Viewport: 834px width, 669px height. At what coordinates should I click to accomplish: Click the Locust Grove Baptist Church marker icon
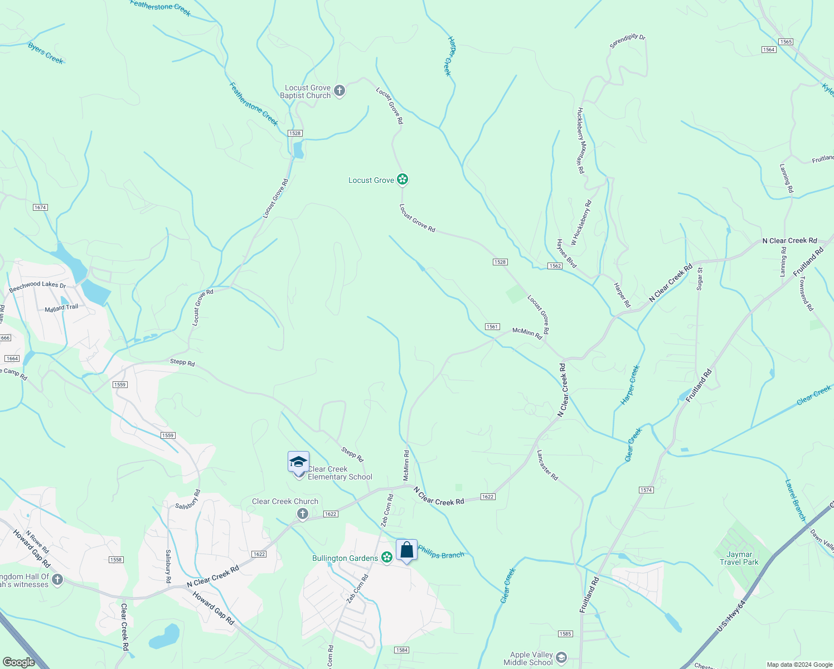(x=339, y=90)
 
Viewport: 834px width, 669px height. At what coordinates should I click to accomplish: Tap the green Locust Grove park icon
(x=403, y=180)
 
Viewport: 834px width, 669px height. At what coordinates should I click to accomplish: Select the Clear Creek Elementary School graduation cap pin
(x=298, y=462)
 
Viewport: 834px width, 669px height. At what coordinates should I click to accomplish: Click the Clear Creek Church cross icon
(x=303, y=513)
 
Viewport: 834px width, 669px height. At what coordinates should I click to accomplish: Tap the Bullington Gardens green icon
(x=387, y=557)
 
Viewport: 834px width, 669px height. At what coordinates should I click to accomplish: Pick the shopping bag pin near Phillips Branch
(x=407, y=550)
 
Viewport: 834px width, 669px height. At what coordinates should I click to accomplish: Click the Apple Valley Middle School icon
(x=561, y=658)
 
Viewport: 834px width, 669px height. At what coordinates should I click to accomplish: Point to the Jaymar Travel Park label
(x=739, y=558)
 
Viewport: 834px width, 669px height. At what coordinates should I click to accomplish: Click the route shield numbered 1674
(x=40, y=207)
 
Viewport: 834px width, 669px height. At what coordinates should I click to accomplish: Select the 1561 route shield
(x=492, y=327)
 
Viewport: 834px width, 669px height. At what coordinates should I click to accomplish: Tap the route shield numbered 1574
(x=646, y=490)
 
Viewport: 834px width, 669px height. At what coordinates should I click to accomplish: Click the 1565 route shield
(x=786, y=42)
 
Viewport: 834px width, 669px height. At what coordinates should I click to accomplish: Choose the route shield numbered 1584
(x=401, y=650)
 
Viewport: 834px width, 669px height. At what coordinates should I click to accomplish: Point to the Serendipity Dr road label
(x=627, y=41)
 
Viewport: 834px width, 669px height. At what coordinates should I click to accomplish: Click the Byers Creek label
(x=46, y=54)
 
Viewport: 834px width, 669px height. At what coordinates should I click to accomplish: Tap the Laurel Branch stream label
(x=796, y=500)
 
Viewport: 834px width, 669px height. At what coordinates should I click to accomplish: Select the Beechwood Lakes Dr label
(x=37, y=285)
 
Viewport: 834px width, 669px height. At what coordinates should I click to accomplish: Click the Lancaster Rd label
(x=547, y=466)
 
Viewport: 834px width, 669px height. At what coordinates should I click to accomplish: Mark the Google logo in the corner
(x=18, y=662)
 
